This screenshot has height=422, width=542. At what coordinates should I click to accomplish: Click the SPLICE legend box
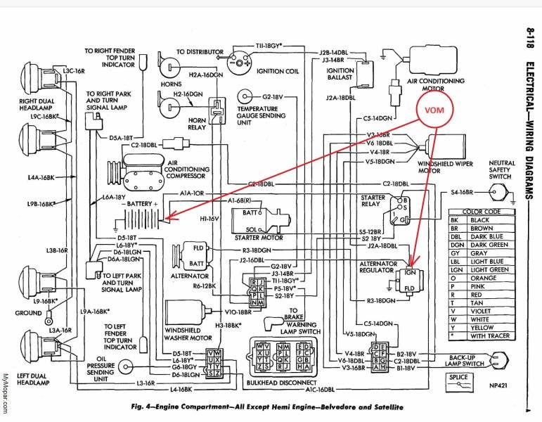click(x=459, y=380)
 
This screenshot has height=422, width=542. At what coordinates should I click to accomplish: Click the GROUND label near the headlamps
click(x=28, y=312)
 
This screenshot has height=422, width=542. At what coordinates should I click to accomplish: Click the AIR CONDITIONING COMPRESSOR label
click(x=186, y=170)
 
